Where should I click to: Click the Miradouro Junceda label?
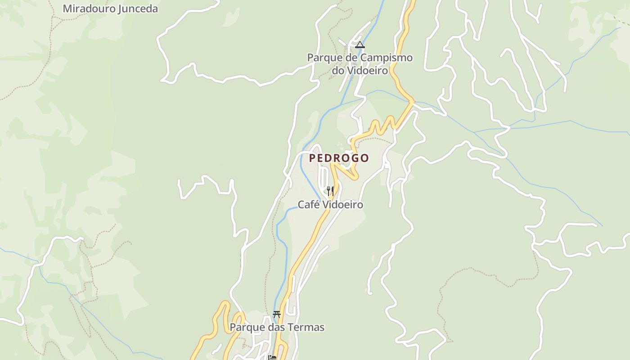pos(110,9)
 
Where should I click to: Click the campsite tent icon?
pos(360,45)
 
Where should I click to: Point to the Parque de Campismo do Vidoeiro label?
pos(360,64)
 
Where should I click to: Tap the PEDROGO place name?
pos(339,158)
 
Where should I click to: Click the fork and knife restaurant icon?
pos(330,191)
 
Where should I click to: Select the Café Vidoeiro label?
pos(330,205)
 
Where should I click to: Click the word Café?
pos(308,205)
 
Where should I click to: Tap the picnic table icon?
pos(277,315)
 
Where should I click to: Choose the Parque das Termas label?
pos(277,327)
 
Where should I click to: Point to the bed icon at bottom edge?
pos(272,357)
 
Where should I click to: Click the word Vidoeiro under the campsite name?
pos(366,71)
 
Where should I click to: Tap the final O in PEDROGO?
pos(364,158)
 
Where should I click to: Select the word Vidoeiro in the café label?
pos(342,205)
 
